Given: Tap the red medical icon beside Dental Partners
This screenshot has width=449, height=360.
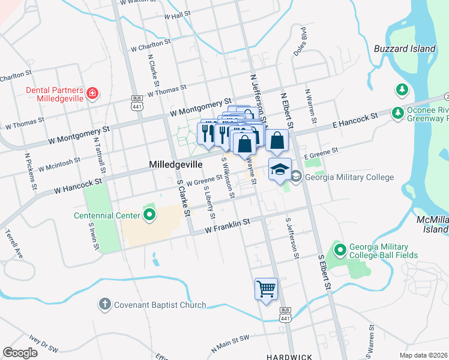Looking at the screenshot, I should pyautogui.click(x=92, y=93).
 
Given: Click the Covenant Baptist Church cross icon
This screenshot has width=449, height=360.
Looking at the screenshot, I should pyautogui.click(x=104, y=305).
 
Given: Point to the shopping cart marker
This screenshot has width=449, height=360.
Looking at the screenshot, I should pyautogui.click(x=266, y=289).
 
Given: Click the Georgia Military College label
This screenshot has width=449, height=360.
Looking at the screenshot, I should pyautogui.click(x=349, y=177).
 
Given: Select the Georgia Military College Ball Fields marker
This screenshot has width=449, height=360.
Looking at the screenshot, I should pyautogui.click(x=340, y=249).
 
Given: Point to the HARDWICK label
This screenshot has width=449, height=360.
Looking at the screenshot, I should pyautogui.click(x=289, y=356).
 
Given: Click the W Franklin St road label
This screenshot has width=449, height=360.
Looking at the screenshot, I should pyautogui.click(x=227, y=226).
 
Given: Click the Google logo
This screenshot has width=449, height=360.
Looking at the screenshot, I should pyautogui.click(x=20, y=352).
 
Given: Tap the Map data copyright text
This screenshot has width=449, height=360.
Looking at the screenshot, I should pyautogui.click(x=424, y=355).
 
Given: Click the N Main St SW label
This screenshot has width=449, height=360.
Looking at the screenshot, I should pyautogui.click(x=230, y=343).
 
